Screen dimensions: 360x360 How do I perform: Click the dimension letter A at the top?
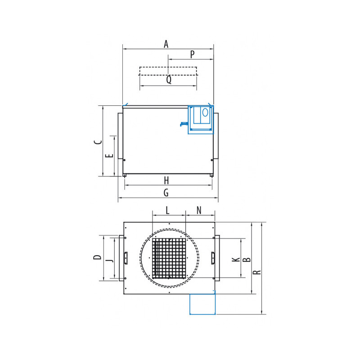coord(166,44)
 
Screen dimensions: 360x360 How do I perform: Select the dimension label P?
coord(192,54)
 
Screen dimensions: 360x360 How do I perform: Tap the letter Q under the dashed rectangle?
coord(168,80)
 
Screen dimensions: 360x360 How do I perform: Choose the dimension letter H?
coord(166,180)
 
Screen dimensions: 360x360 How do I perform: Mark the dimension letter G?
coord(166,193)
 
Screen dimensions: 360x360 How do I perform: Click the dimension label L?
coord(167,210)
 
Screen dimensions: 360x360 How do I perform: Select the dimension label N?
coord(199,210)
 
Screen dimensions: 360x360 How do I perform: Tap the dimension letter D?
coord(97,257)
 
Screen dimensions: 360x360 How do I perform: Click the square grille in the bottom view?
coord(169,258)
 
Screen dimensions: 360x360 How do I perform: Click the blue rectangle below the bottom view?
coord(202,304)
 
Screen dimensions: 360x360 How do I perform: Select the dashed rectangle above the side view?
coord(168,71)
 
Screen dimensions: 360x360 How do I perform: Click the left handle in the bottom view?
coord(126,258)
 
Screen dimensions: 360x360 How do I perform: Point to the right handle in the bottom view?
coord(212,258)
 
